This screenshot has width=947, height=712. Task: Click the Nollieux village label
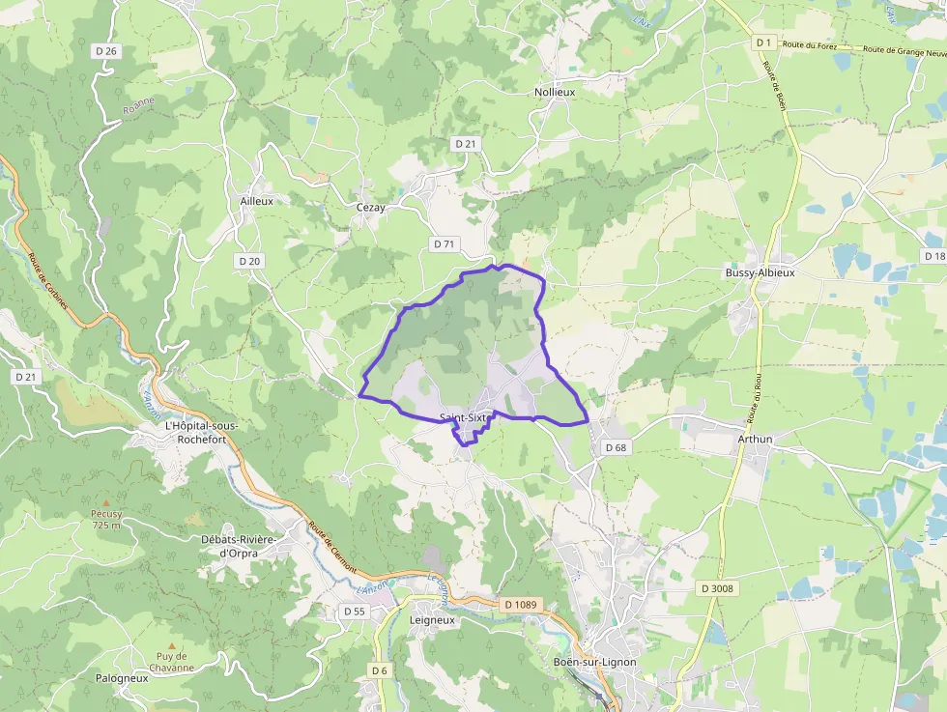coord(555,92)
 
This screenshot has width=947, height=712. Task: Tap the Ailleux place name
coord(257,201)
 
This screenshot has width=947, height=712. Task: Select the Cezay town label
coord(371,207)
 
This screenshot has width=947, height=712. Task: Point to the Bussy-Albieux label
coord(760,273)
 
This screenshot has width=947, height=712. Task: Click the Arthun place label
coord(756,439)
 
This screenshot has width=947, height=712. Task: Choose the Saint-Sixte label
coord(466,417)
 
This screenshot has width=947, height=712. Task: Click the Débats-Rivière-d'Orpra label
coord(237,546)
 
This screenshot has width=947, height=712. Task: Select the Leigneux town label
coord(432,620)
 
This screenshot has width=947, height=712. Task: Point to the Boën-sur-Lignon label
coord(595,662)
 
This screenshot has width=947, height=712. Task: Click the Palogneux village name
coord(122,678)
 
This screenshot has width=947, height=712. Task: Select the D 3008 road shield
coord(718,587)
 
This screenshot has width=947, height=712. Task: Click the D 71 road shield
coord(444,244)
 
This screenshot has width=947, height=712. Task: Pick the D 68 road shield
coord(616,447)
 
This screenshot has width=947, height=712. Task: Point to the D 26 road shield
coord(106,50)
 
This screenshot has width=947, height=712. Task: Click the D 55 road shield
coord(354,612)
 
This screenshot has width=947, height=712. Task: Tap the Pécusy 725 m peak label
coord(106,519)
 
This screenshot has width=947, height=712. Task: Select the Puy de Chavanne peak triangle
coord(172,645)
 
